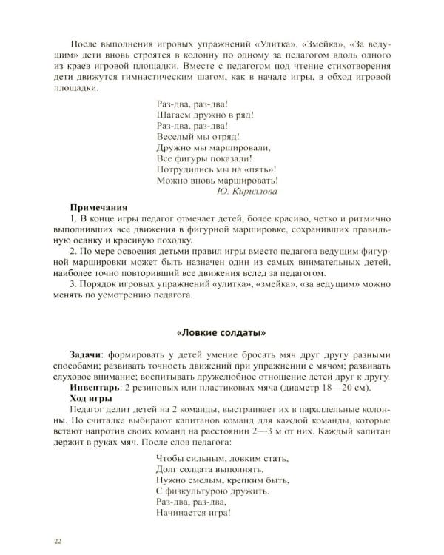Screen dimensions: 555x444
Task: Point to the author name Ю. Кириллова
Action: tap(247, 191)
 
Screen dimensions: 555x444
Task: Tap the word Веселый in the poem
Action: tap(175, 138)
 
